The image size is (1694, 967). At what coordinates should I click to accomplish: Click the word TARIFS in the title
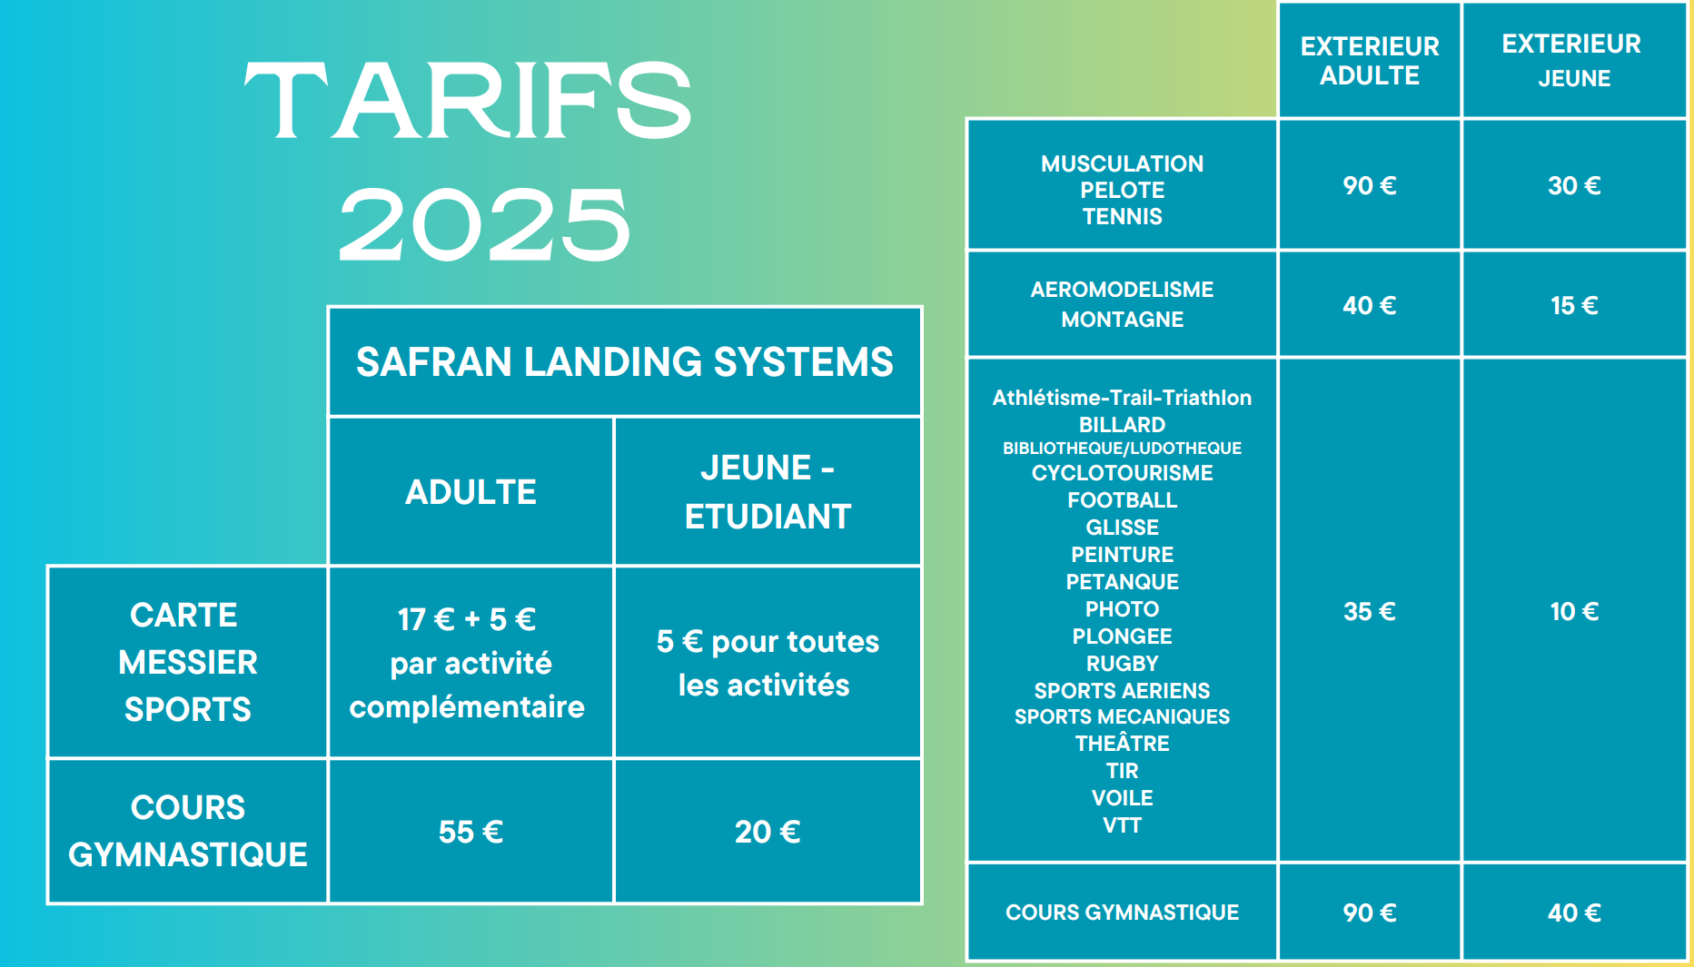coord(468,100)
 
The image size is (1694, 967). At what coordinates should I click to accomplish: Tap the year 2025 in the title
coord(484,224)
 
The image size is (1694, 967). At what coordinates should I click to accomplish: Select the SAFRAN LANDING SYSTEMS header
coord(625,361)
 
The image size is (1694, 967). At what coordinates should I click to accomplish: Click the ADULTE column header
coord(471,492)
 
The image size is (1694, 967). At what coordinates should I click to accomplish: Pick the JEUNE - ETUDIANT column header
coord(768,492)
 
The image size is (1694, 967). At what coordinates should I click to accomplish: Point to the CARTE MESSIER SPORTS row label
coord(188,662)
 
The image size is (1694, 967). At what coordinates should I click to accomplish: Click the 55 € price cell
coord(471,832)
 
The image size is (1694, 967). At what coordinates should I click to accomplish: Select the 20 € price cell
coord(768,832)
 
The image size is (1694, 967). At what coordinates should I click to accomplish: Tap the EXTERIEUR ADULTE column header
coord(1370,61)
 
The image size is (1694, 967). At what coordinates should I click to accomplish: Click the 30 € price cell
coord(1574,185)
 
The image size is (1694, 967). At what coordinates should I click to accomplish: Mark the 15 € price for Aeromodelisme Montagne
coord(1574,305)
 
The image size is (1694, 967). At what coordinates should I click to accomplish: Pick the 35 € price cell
coord(1370,611)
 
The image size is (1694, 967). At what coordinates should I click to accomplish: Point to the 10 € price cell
coord(1574,611)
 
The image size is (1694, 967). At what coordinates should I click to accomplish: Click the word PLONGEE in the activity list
coord(1122,636)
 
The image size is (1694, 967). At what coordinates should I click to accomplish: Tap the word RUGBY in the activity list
coord(1122,664)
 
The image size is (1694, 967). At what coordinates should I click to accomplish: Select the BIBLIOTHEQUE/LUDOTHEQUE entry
coord(1122,449)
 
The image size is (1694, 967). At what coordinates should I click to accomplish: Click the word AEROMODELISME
coord(1122,290)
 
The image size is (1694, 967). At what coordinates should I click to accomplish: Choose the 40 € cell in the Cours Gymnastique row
coord(1574,913)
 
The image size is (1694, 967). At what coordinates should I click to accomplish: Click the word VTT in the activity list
coord(1122,825)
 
